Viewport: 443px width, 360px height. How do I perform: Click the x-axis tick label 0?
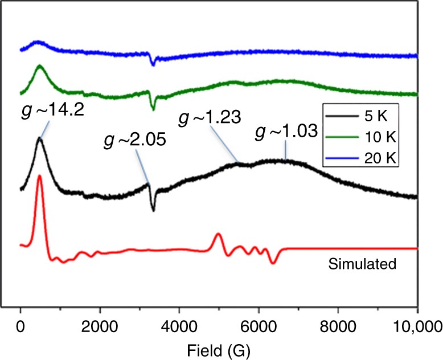point(20,326)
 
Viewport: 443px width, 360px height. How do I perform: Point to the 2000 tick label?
point(100,326)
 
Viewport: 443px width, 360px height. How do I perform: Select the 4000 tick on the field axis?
point(179,326)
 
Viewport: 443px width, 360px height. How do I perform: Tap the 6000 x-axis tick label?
point(259,326)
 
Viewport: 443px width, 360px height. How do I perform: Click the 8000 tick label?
point(338,326)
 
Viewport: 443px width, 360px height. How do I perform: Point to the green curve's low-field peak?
point(39,66)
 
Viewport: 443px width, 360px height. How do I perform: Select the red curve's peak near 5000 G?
point(218,234)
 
